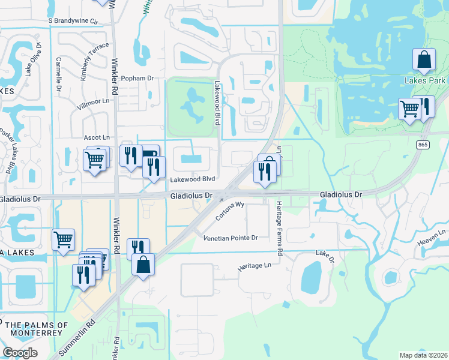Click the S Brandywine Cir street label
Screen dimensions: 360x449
(x=73, y=20)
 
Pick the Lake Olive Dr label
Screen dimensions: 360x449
(x=34, y=59)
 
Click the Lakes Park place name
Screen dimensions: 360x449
(x=425, y=80)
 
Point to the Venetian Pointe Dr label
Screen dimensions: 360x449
(x=230, y=238)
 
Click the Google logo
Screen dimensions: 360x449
(x=20, y=352)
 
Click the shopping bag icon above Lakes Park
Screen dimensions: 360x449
(x=424, y=60)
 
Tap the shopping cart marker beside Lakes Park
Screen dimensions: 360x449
(x=409, y=110)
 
